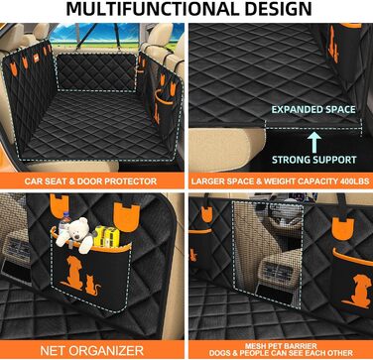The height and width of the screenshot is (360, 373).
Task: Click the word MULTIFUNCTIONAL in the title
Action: pyautogui.click(x=150, y=9)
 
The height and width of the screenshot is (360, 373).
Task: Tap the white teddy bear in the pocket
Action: pyautogui.click(x=76, y=233)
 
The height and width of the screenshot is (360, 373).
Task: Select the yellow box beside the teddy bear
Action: pyautogui.click(x=107, y=236)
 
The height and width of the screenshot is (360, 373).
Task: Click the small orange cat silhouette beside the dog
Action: pyautogui.click(x=92, y=287)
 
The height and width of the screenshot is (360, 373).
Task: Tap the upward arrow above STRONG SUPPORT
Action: pyautogui.click(x=312, y=142)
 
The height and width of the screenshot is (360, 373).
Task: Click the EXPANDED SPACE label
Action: pyautogui.click(x=313, y=110)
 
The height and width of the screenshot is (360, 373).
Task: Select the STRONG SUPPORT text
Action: pyautogui.click(x=314, y=160)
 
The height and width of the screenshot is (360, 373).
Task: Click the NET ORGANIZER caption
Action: pyautogui.click(x=91, y=350)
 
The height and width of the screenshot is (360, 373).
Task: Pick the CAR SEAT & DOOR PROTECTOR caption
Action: pyautogui.click(x=90, y=181)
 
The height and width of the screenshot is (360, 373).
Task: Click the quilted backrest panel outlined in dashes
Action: pyautogui.click(x=97, y=71)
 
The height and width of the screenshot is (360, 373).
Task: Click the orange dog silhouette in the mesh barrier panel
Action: pyautogui.click(x=356, y=292)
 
